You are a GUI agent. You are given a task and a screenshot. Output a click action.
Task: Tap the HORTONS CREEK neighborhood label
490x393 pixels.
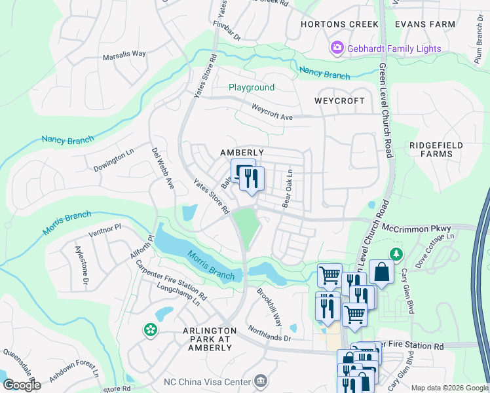tap(339, 24)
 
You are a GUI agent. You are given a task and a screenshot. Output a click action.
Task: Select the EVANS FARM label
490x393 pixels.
tap(424, 24)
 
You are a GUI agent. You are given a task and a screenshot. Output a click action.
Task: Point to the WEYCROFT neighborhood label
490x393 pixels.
tap(339, 101)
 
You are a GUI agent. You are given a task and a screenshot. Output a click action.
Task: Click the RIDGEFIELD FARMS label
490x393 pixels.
tap(436, 149)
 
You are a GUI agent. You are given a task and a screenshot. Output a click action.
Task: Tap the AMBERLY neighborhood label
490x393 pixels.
tap(242, 153)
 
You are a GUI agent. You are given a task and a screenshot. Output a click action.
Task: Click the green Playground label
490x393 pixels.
tap(252, 87)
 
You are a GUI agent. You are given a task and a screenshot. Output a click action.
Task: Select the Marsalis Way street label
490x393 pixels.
tap(124, 56)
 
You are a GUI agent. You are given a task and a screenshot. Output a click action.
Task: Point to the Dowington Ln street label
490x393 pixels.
tap(113, 159)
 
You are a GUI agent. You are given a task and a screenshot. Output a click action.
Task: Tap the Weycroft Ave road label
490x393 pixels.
tap(272, 112)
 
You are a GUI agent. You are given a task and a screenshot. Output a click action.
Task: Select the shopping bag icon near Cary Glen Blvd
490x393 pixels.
tap(381, 271)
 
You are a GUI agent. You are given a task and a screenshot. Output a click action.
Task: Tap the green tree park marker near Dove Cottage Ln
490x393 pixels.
tap(396, 253)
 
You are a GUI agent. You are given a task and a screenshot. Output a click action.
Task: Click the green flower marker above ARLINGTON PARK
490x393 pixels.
tap(151, 330)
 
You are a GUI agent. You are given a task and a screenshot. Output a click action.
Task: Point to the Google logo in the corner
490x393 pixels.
tap(22, 385)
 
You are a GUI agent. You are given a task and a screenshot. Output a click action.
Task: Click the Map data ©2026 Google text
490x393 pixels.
tap(449, 388)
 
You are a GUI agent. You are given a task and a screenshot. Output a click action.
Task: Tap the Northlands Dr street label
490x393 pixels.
tap(269, 334)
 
